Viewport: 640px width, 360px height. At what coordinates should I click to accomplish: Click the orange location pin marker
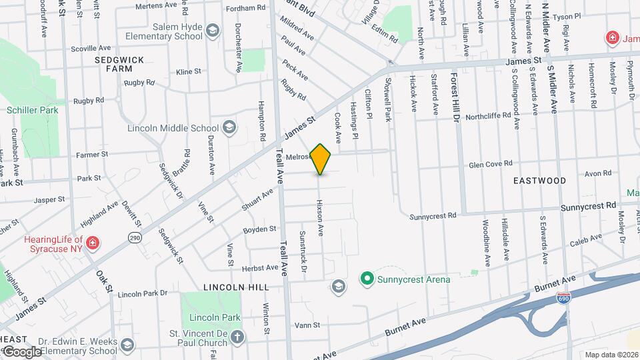321,159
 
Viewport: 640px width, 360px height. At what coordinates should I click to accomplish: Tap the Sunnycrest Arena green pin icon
366,279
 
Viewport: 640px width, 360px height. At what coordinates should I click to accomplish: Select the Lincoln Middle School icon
229,128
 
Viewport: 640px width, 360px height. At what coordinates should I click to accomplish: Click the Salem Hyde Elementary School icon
213,31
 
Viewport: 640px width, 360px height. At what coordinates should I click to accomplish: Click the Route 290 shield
135,238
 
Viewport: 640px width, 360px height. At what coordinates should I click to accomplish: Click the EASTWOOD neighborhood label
539,181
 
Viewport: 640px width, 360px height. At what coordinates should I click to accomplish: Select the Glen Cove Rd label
490,164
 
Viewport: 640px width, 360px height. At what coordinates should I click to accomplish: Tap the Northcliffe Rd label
492,115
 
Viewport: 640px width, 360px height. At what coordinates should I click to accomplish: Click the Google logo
21,352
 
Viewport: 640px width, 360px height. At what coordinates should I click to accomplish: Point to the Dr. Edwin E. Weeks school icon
127,345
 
